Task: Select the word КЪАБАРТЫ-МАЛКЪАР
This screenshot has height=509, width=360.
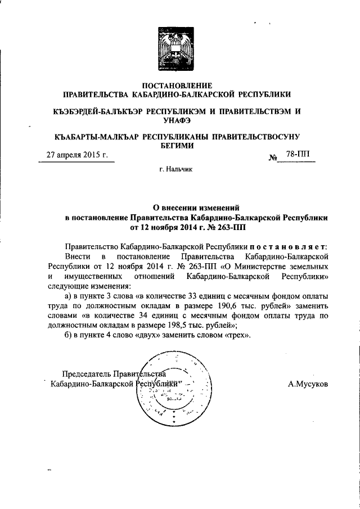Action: click(x=92, y=137)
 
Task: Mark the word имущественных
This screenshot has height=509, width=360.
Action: click(x=96, y=276)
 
